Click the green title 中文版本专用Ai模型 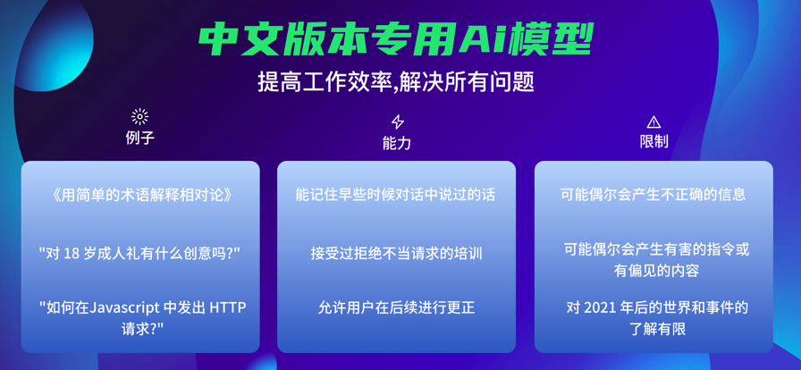click(x=395, y=39)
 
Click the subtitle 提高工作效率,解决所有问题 click(x=396, y=81)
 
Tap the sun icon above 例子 click(x=139, y=117)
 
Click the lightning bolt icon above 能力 click(x=397, y=122)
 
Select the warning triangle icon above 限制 click(x=653, y=122)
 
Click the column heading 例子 click(x=140, y=138)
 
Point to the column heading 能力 click(x=396, y=144)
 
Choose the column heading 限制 click(x=653, y=141)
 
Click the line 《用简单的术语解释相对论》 click(x=140, y=196)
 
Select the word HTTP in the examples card click(x=228, y=307)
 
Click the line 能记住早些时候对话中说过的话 click(x=395, y=195)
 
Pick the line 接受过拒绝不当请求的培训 click(x=396, y=254)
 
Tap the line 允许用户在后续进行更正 click(x=396, y=307)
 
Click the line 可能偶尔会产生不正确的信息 click(x=653, y=195)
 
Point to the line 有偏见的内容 click(x=656, y=271)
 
